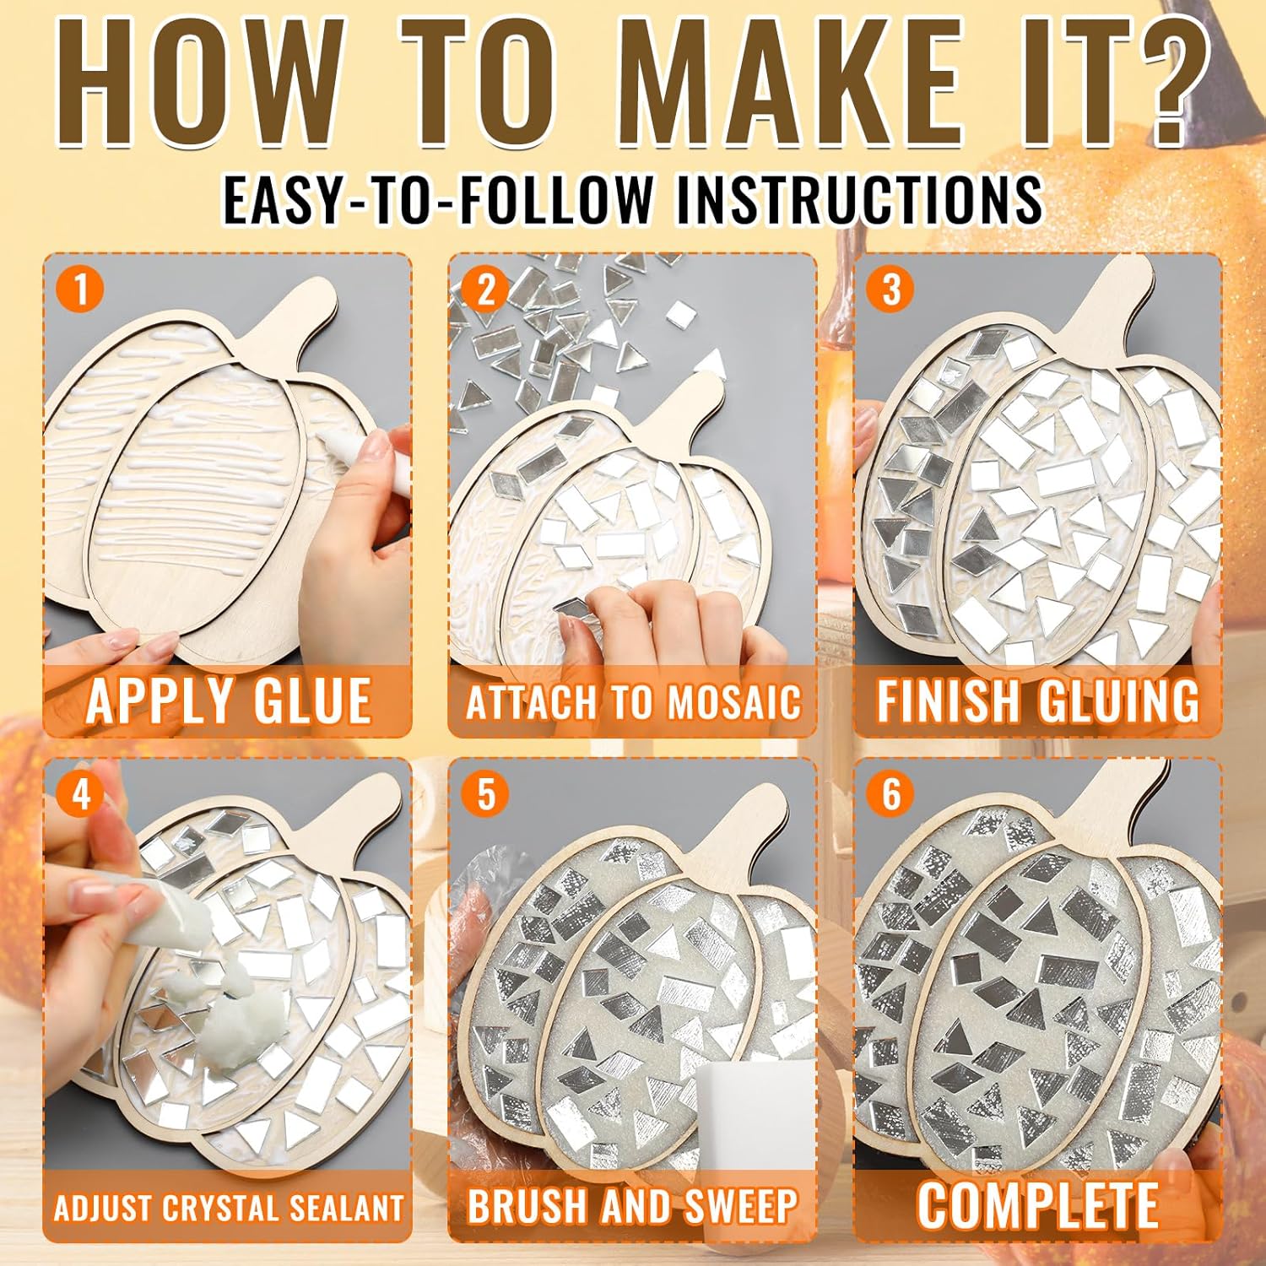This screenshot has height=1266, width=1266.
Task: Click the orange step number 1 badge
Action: click(80, 289)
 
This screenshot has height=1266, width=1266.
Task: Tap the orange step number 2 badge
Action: click(485, 289)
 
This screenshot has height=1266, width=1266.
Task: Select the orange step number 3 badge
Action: click(890, 289)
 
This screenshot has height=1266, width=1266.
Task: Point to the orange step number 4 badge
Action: click(80, 794)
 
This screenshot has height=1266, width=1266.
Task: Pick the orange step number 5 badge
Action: click(485, 794)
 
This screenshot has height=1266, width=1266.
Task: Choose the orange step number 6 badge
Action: click(890, 794)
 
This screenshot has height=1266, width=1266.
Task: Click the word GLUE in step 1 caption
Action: click(301, 701)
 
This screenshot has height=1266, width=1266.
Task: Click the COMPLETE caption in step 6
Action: click(1037, 1205)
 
